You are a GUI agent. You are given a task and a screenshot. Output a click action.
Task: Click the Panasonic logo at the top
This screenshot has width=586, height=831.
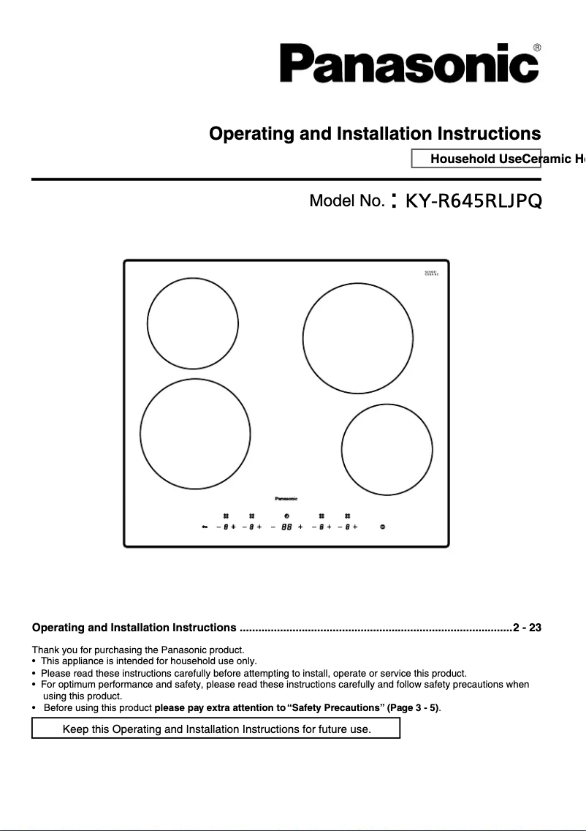[409, 63]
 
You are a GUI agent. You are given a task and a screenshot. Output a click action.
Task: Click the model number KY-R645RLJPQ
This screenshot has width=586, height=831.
[473, 200]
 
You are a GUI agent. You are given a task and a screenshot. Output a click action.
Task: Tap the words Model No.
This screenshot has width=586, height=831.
[346, 200]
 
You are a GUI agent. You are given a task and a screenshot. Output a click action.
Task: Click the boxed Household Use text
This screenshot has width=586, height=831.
[475, 159]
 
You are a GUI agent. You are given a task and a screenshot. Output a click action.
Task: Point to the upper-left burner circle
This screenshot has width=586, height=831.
[193, 323]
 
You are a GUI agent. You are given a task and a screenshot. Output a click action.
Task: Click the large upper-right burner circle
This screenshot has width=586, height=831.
[357, 339]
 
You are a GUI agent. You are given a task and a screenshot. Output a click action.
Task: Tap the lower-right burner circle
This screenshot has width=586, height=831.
[387, 448]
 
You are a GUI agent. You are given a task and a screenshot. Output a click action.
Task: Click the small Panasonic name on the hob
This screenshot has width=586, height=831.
[286, 499]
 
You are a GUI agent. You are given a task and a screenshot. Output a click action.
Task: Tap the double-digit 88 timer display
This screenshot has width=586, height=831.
[286, 527]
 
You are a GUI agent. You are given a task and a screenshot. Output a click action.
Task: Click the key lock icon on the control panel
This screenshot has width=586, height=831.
[205, 527]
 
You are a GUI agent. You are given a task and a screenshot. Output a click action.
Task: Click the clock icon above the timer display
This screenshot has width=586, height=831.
[286, 516]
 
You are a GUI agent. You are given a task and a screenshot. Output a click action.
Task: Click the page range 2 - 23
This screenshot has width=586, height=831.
[527, 628]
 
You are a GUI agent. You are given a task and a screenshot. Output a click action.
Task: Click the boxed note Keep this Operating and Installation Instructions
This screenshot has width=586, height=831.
[216, 729]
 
